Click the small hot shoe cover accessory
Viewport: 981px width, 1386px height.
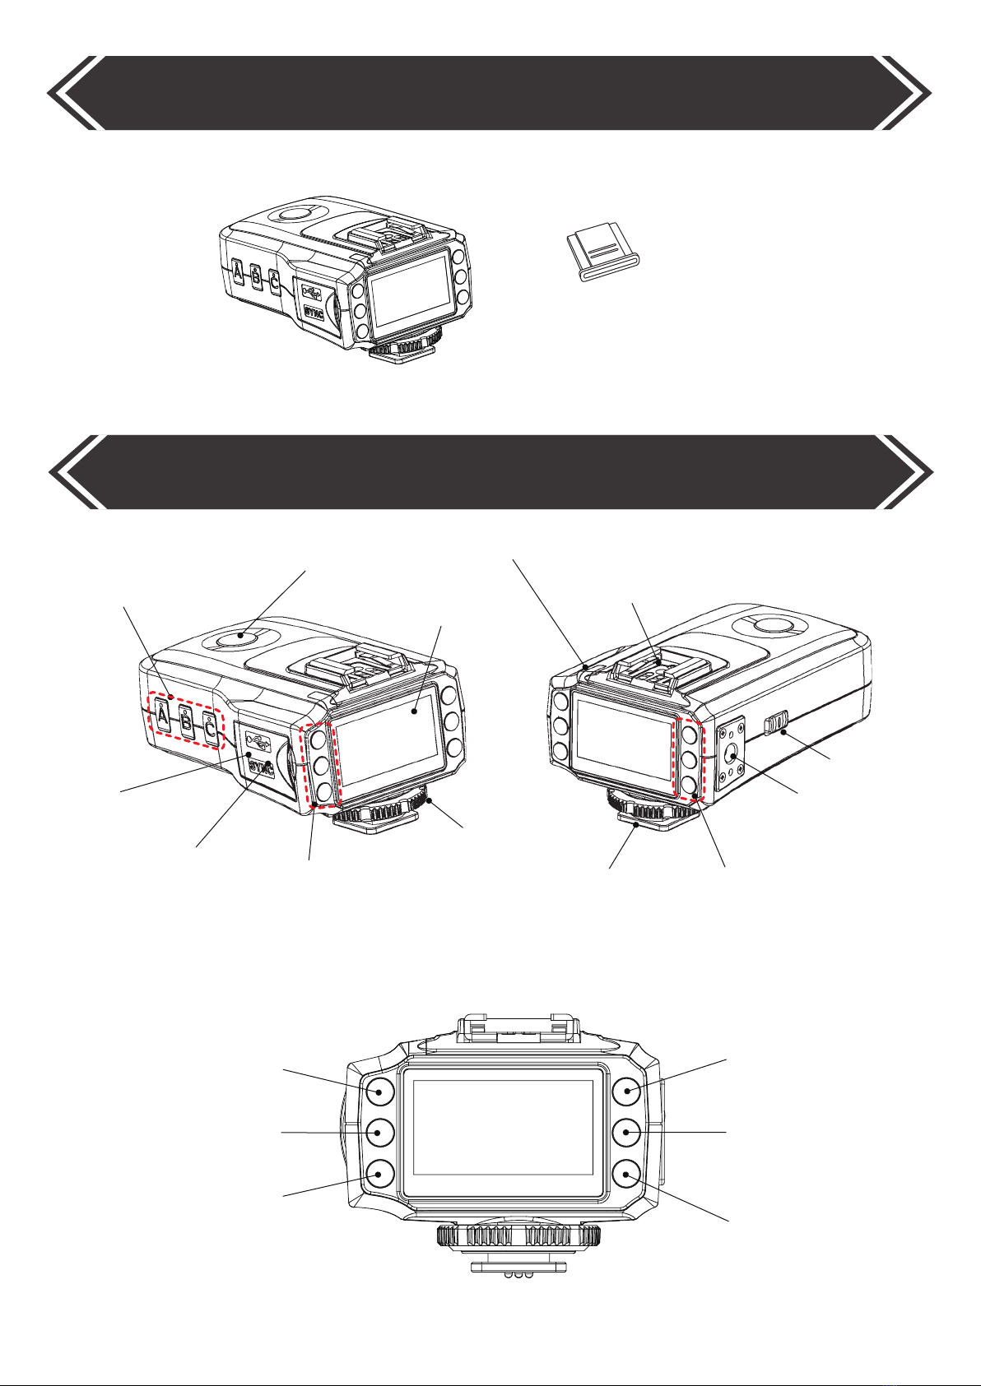coord(603,256)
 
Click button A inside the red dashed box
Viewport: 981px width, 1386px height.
coord(163,717)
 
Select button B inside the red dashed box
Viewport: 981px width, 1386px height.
coord(186,721)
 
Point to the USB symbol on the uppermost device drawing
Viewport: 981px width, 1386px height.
coord(311,290)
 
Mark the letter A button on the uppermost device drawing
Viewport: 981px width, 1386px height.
coord(238,272)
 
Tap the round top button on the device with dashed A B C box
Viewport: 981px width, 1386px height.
coord(240,636)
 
